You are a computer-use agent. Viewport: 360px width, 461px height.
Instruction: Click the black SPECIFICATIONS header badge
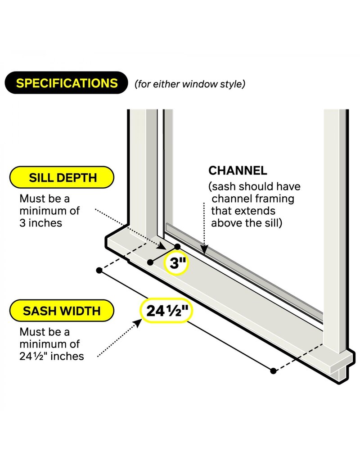tap(66, 83)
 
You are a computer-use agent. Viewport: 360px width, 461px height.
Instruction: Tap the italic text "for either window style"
tap(190, 84)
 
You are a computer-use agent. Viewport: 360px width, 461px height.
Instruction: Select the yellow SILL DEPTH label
tap(62, 177)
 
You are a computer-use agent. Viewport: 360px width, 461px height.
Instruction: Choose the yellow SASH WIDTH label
tap(62, 311)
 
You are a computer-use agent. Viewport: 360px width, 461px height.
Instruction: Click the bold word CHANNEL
tap(238, 171)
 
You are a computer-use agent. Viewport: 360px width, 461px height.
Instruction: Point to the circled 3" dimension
tap(175, 262)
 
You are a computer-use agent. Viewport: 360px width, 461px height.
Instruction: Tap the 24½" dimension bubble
tap(166, 311)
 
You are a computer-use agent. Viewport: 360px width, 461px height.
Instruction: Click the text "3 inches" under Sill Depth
tap(41, 223)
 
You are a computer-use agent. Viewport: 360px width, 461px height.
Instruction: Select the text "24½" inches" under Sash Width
tap(52, 356)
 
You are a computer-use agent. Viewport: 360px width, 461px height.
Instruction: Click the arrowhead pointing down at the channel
tap(205, 249)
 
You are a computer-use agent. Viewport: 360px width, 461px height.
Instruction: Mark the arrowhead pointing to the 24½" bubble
tap(137, 323)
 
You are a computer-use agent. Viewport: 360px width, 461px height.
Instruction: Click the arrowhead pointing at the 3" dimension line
tap(162, 246)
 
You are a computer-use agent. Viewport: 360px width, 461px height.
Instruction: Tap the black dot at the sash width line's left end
tap(99, 270)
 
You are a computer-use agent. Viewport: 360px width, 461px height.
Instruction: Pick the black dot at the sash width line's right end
tap(273, 371)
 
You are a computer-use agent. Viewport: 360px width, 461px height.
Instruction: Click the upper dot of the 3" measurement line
tap(177, 246)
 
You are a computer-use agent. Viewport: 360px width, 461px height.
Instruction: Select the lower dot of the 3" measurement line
tap(150, 262)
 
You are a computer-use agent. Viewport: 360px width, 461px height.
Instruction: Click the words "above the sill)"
tap(247, 223)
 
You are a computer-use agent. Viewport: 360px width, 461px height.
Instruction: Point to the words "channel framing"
tap(253, 199)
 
